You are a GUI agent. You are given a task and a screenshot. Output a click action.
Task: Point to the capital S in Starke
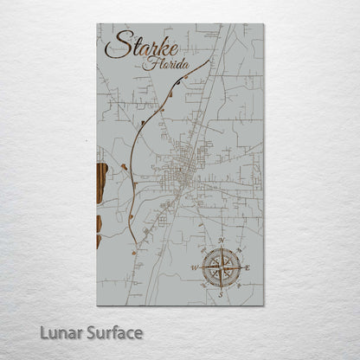click(114, 46)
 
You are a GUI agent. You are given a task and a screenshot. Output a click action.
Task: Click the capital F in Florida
click(151, 63)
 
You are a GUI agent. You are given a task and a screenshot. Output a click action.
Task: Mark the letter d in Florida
click(177, 63)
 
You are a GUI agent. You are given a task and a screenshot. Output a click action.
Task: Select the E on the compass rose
click(248, 269)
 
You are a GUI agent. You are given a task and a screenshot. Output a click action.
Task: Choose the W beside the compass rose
click(196, 269)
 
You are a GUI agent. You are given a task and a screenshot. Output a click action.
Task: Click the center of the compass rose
click(222, 268)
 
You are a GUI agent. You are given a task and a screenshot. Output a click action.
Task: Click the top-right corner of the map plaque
click(264, 24)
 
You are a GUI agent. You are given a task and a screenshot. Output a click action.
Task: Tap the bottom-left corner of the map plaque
click(98, 305)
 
